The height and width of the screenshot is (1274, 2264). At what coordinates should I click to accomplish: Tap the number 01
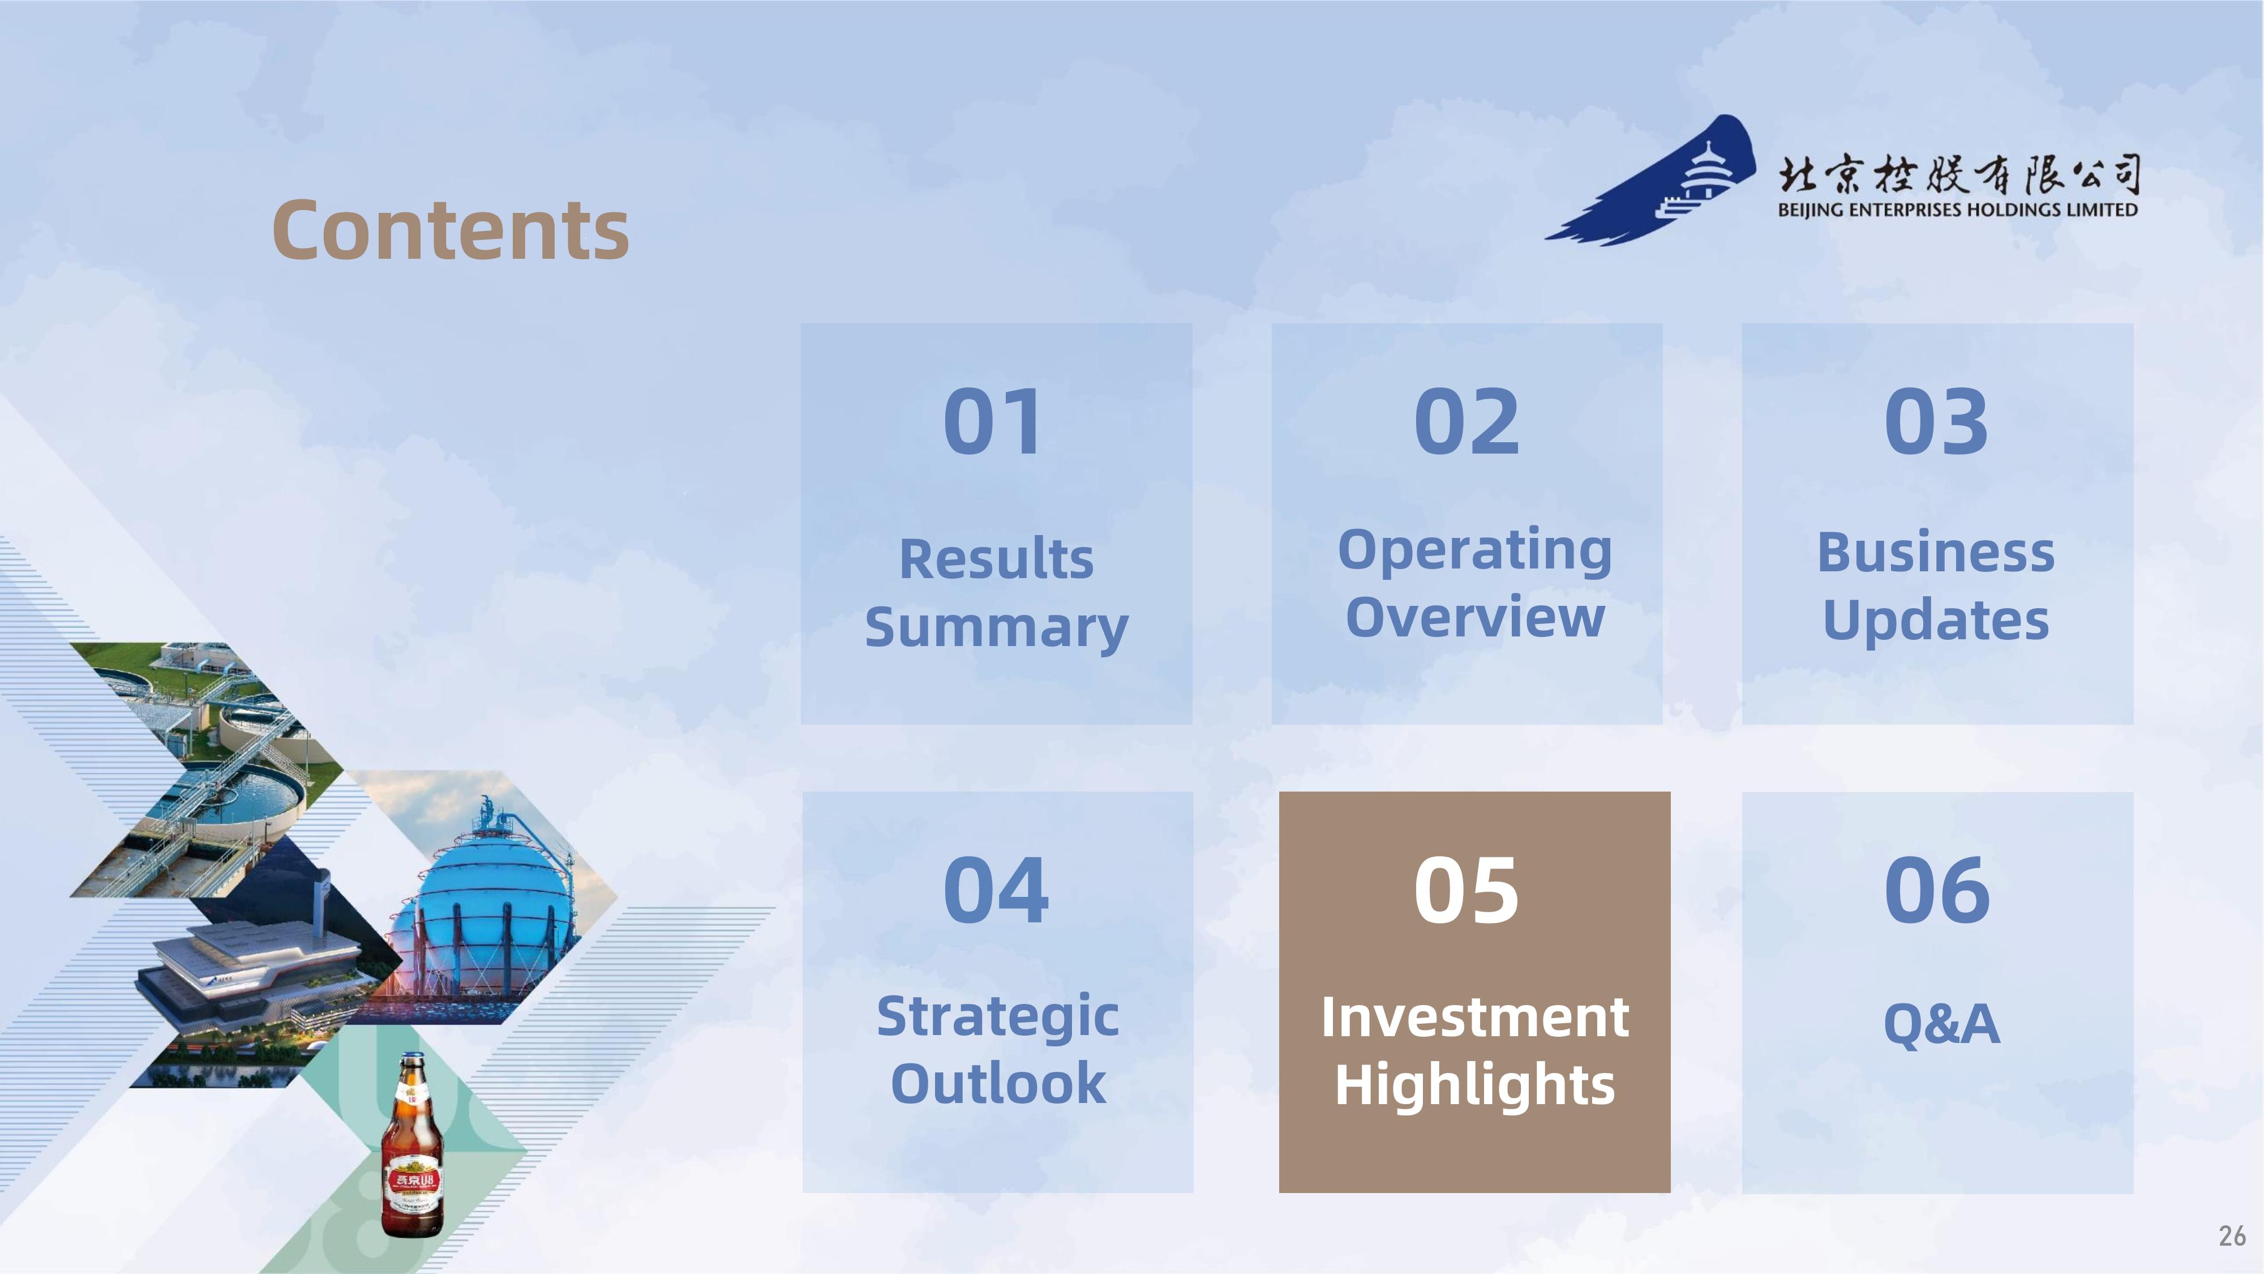(x=994, y=422)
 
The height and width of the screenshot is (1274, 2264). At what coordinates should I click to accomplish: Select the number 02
(x=1466, y=422)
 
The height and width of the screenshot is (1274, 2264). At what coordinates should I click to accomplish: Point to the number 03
(x=1936, y=422)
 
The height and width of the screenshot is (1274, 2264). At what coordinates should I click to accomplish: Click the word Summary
(x=997, y=628)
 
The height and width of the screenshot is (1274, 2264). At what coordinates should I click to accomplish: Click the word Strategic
(x=997, y=1018)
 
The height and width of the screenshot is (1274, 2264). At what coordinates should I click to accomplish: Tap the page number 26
(x=2232, y=1236)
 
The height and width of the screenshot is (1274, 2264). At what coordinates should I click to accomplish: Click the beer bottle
(x=412, y=1145)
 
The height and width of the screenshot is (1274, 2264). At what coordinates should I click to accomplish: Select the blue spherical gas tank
(x=492, y=914)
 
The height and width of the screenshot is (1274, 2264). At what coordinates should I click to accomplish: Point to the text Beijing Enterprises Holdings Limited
(x=1957, y=210)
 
